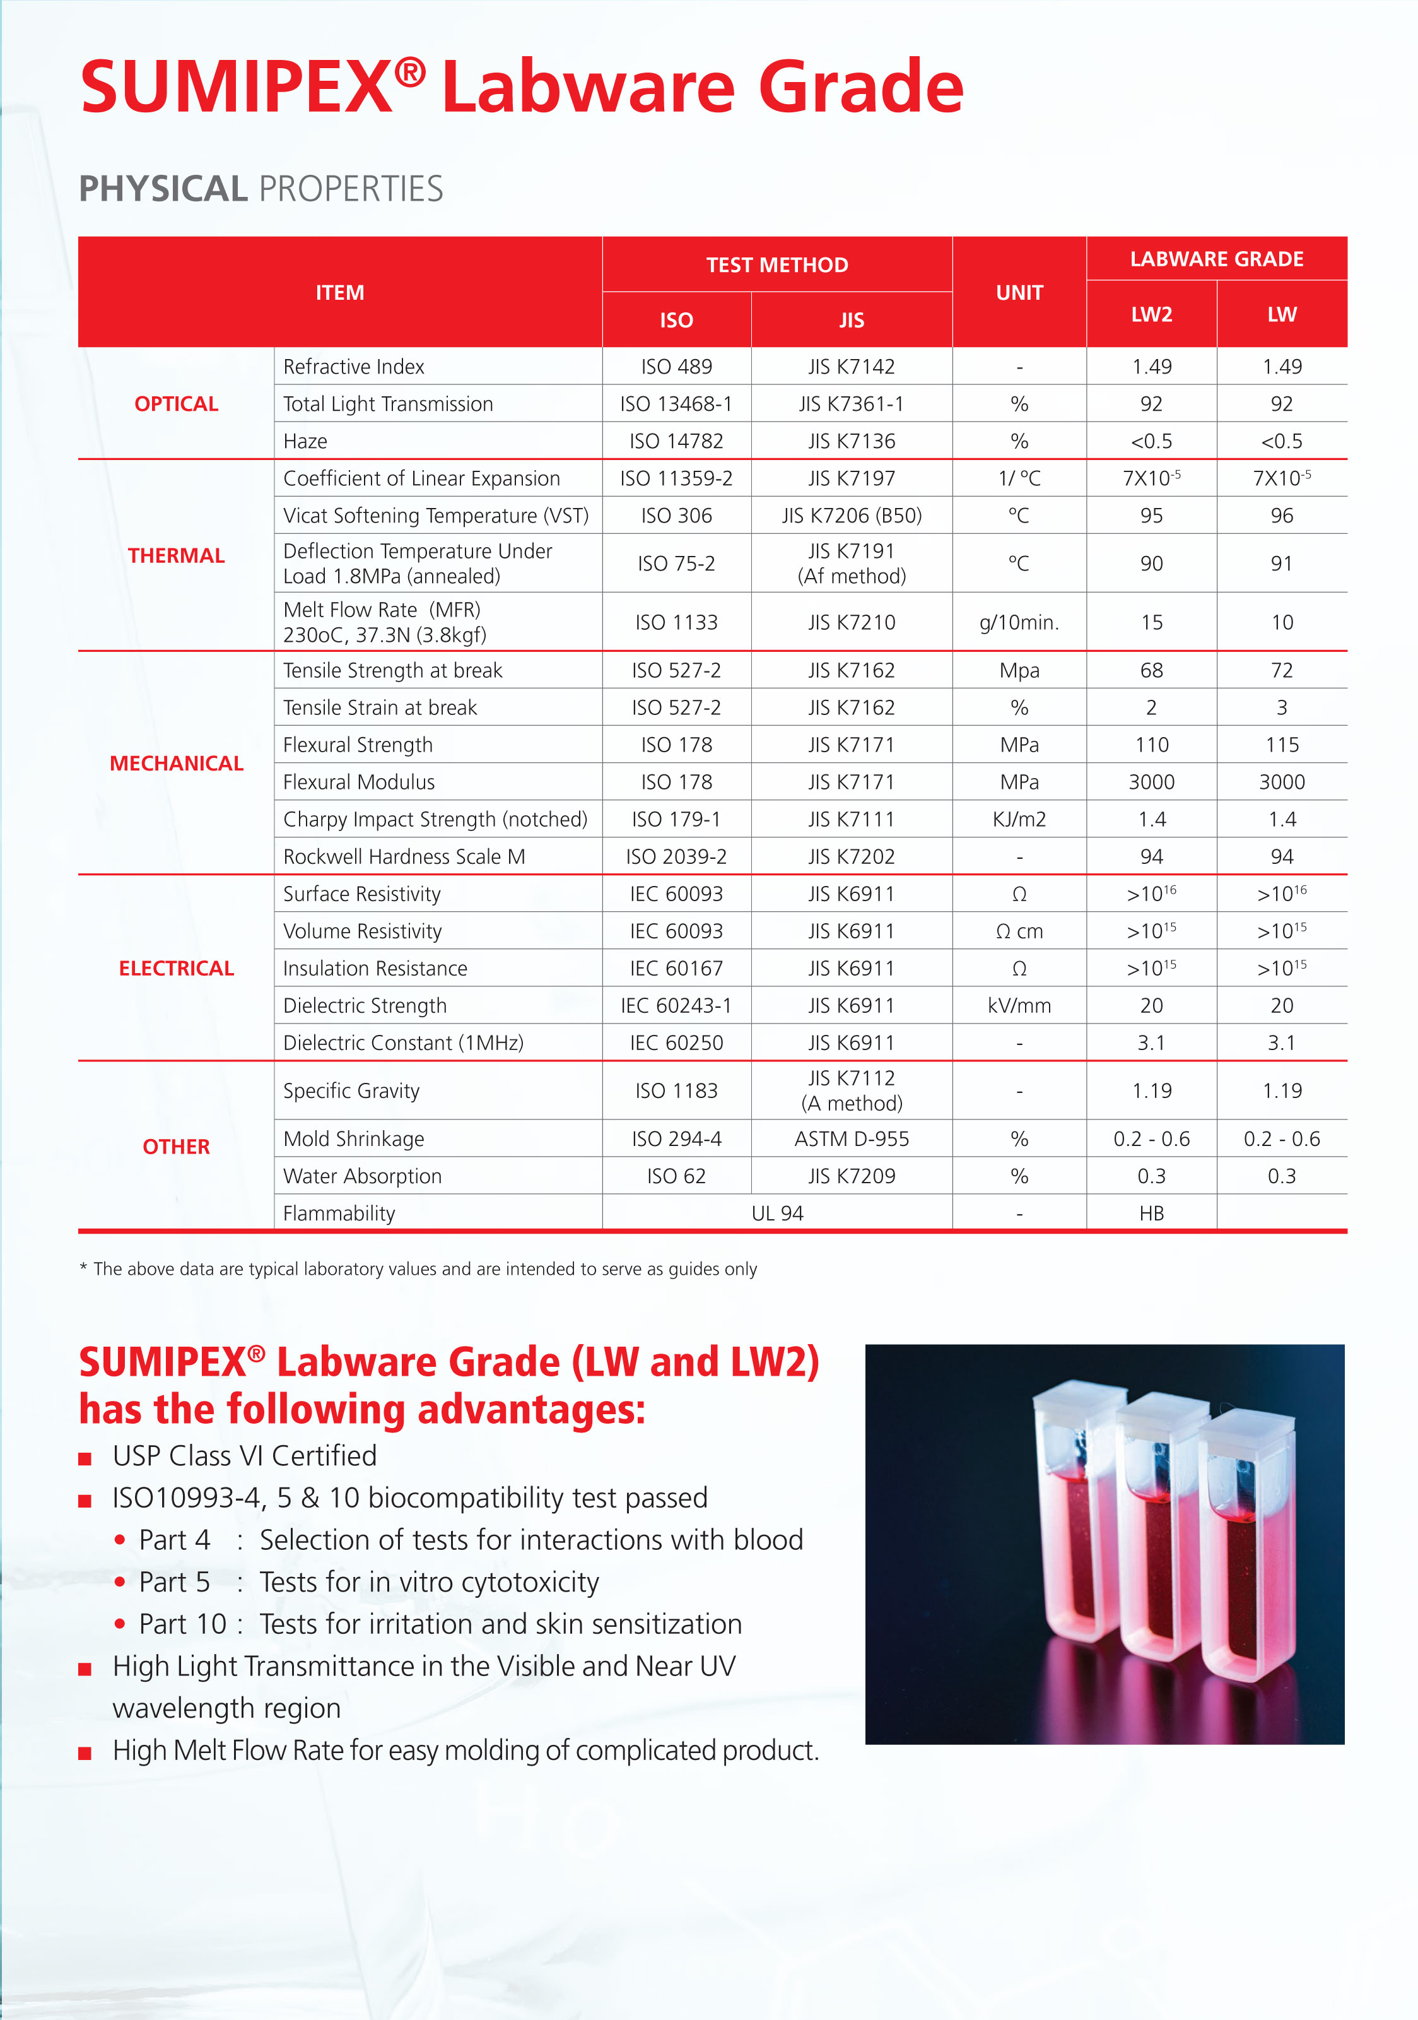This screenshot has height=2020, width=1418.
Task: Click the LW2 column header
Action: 1151,314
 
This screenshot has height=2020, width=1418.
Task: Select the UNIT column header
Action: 1019,292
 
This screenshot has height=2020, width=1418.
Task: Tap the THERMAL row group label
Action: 176,555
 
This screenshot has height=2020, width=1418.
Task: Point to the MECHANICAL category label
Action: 176,763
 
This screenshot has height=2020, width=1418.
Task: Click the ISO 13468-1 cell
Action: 676,404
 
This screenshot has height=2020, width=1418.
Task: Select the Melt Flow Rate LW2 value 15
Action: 1151,622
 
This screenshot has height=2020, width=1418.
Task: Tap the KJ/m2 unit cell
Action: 1019,819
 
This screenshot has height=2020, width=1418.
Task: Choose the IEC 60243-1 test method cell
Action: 676,1006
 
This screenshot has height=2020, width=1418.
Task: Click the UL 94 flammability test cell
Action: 776,1214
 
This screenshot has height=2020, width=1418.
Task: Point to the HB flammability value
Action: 1151,1214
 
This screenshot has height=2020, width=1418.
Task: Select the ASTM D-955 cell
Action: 851,1138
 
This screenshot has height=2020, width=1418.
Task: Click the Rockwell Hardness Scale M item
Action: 404,857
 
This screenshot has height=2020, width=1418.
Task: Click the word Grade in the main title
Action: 860,87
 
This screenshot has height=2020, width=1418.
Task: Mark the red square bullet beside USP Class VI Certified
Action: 85,1459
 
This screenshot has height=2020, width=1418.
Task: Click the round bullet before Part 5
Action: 120,1582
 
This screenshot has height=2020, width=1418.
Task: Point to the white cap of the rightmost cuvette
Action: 1247,1422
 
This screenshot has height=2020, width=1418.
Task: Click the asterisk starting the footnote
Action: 83,1268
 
